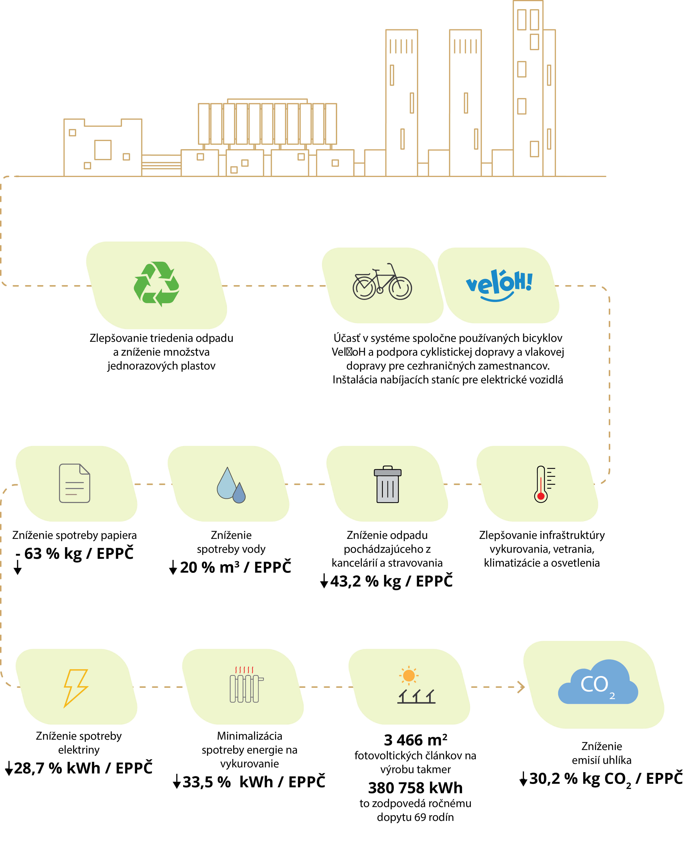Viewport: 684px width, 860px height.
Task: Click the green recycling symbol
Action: (x=156, y=284)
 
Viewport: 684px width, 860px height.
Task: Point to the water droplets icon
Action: (x=231, y=485)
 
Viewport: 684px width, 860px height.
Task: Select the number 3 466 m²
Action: (x=415, y=740)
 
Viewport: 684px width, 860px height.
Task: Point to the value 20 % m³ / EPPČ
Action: (x=235, y=567)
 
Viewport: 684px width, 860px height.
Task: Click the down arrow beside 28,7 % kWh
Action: (x=9, y=768)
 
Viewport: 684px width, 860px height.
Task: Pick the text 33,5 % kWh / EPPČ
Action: (x=254, y=782)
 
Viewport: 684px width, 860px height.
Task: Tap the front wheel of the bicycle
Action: (x=400, y=288)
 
